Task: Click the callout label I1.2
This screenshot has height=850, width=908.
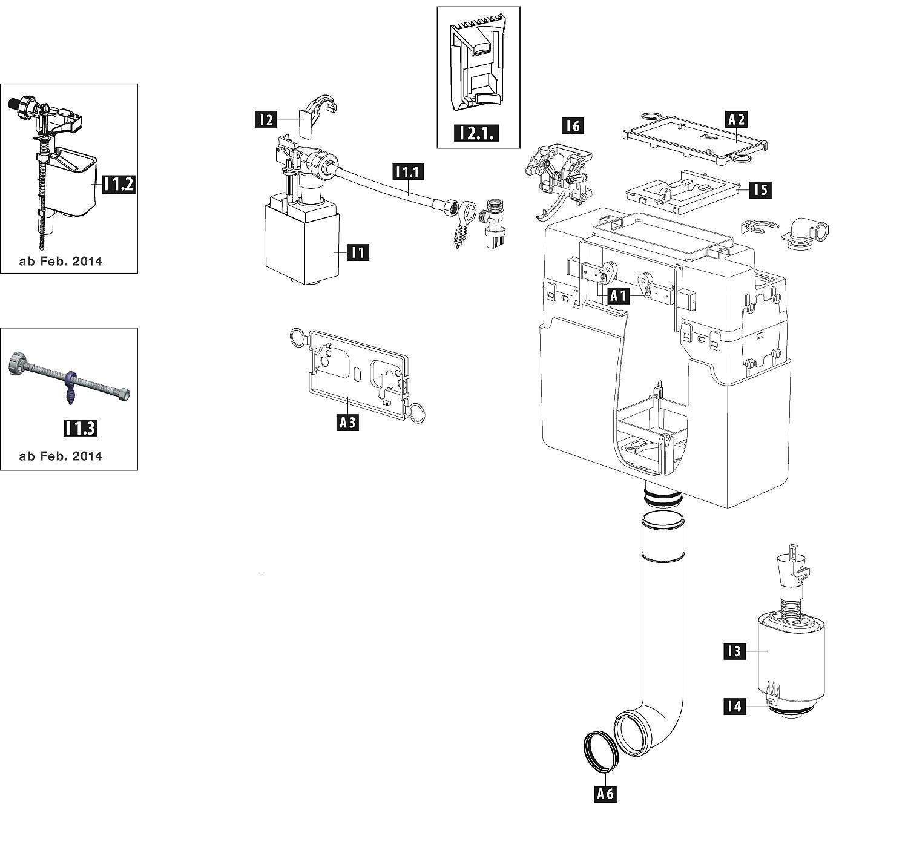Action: (119, 184)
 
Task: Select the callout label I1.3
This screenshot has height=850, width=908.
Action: (81, 428)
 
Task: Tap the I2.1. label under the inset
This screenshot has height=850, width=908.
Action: (476, 133)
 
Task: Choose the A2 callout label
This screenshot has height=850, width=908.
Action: (736, 119)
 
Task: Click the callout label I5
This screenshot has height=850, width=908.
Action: (760, 189)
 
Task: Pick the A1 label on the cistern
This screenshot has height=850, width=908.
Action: (619, 295)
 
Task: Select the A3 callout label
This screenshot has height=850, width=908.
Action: (347, 422)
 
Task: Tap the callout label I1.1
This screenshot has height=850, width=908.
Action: (408, 172)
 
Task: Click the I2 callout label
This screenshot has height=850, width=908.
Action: (266, 120)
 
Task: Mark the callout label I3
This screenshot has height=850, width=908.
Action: (735, 651)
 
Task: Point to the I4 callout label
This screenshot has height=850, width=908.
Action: (735, 707)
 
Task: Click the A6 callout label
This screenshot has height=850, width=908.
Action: (605, 794)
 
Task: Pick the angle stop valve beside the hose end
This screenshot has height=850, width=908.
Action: (492, 223)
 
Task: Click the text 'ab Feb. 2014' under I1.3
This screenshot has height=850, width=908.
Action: (61, 456)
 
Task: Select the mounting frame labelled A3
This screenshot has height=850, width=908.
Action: (358, 374)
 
